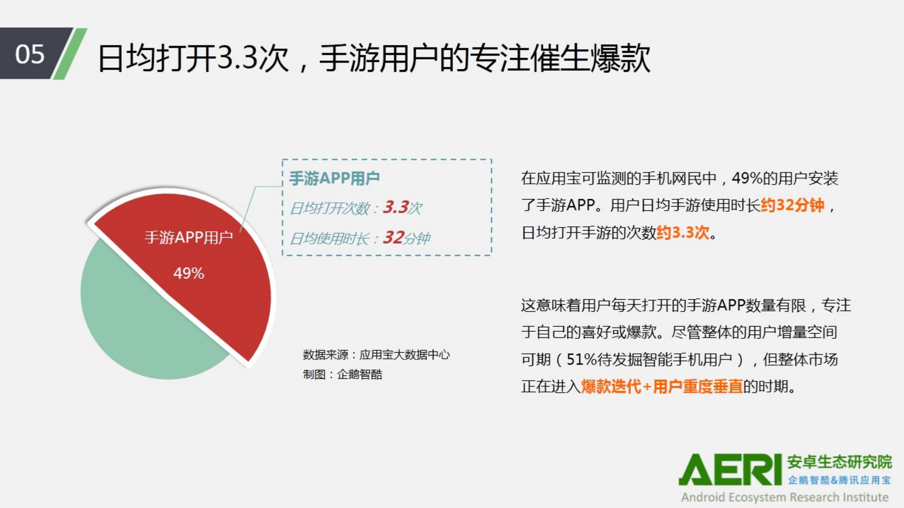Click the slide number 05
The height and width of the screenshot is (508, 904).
point(30,54)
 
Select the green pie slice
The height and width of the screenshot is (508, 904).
point(141,328)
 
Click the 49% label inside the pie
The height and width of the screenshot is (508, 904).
point(189,273)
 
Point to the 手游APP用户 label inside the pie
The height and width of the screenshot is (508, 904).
point(189,237)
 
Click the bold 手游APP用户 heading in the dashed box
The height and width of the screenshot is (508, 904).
point(334,178)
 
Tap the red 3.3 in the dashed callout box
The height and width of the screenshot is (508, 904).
point(396,207)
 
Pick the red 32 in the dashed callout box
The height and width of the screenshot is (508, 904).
point(394,238)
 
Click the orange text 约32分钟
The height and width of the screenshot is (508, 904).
point(792,205)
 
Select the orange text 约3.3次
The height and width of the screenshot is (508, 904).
point(683,233)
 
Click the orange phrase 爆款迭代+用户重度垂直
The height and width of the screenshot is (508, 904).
point(662,387)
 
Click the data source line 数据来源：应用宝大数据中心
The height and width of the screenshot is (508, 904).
point(376,354)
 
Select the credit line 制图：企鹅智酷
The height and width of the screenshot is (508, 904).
point(342,374)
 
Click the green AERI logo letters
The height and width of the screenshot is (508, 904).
point(730,470)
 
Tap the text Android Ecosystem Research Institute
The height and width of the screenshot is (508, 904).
point(785,497)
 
